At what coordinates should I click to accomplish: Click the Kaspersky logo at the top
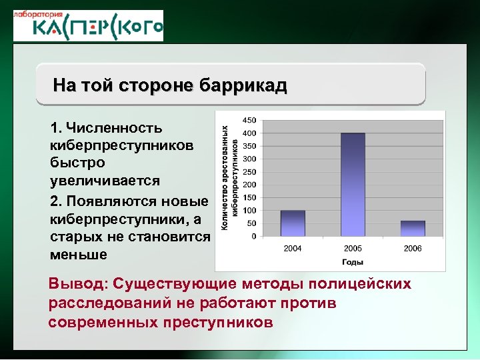88,26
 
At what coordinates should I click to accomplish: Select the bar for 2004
293,223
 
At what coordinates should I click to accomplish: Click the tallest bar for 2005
353,185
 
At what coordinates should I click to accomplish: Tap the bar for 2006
413,229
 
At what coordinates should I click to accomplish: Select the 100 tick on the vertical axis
249,211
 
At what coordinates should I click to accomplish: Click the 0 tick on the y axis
253,236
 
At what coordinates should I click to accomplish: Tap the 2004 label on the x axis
293,248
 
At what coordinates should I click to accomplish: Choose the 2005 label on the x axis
353,248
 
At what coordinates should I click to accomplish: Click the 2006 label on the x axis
413,248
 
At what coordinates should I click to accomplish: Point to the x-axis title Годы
353,262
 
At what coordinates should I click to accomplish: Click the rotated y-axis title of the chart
230,178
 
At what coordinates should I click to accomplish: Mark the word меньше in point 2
77,255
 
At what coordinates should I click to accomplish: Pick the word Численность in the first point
105,127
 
